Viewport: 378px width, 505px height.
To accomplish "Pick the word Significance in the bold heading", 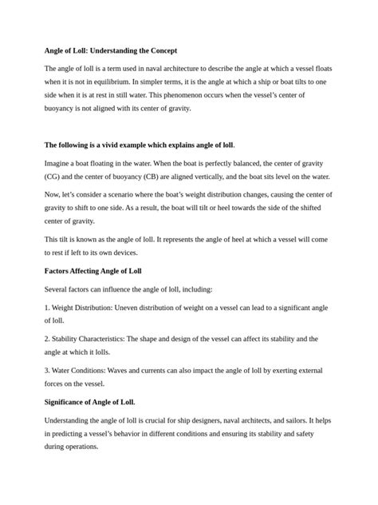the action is pos(70,402).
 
